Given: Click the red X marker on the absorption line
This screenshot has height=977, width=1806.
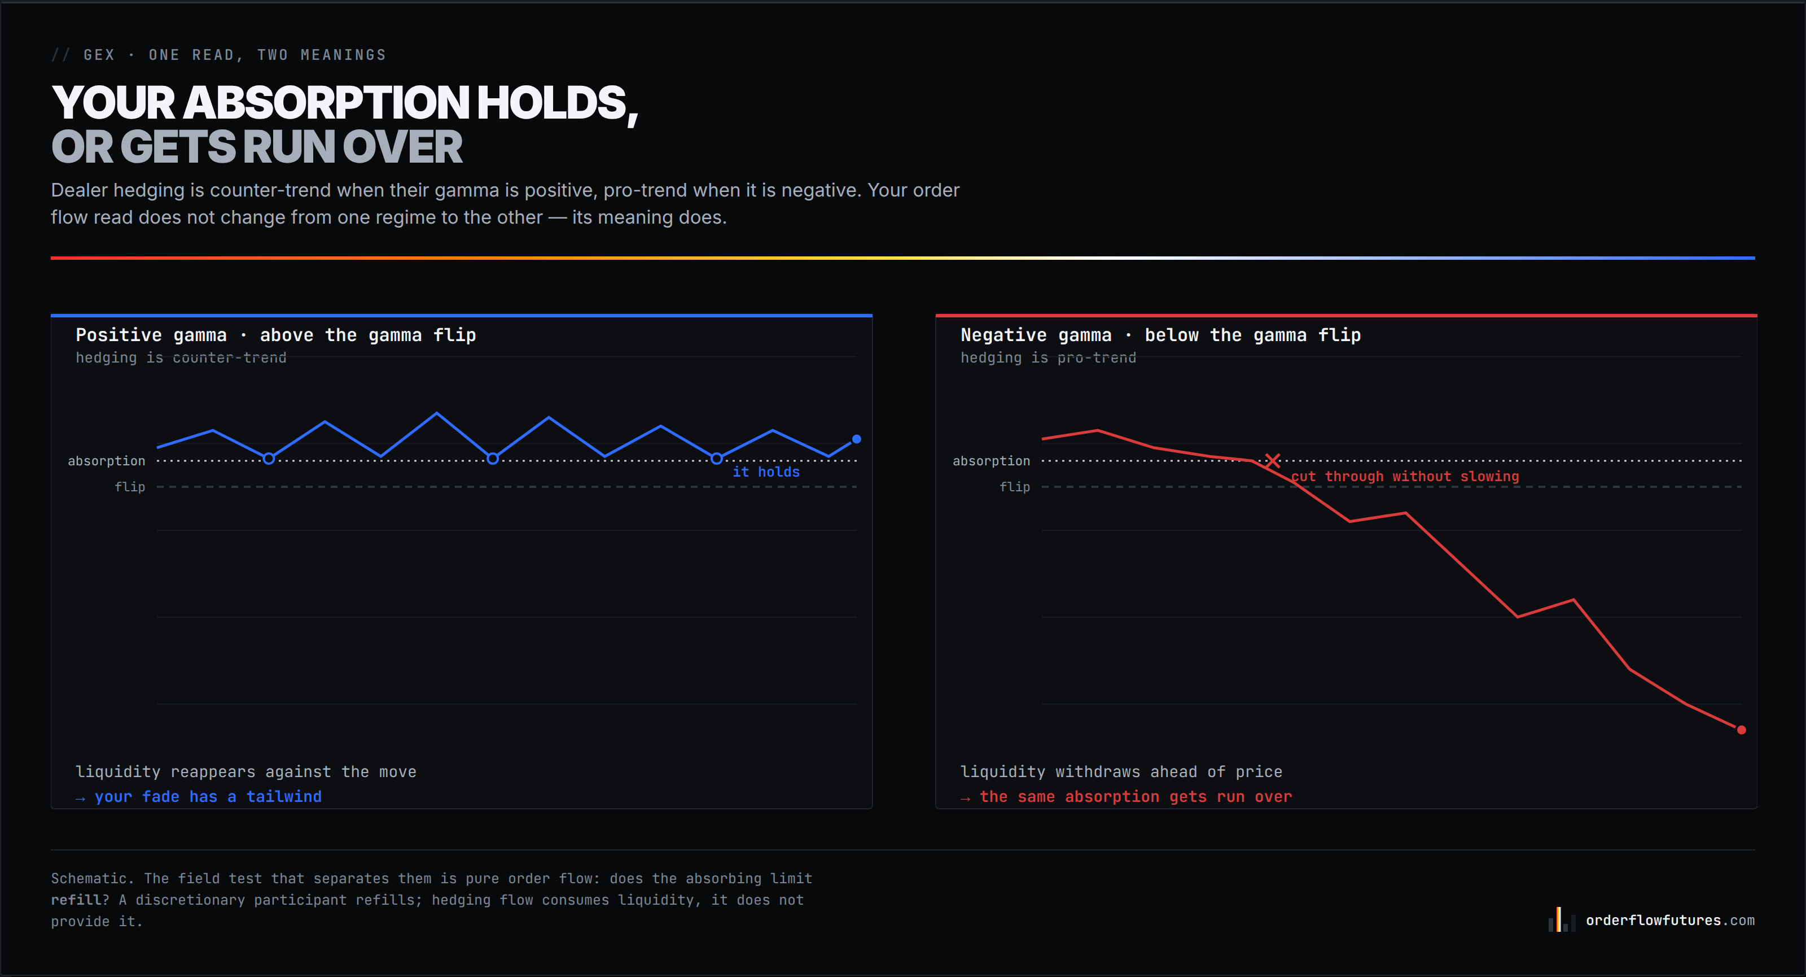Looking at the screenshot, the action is (x=1273, y=461).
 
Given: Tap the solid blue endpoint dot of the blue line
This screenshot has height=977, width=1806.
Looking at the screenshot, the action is (x=856, y=439).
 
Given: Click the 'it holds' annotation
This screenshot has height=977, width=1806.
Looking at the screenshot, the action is (x=766, y=472).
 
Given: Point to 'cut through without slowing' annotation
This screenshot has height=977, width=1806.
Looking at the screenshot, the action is (x=1405, y=476).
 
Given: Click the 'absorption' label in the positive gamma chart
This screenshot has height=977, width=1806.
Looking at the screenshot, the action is (x=107, y=461).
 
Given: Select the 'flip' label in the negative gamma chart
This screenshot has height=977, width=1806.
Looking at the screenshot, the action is (x=1015, y=487).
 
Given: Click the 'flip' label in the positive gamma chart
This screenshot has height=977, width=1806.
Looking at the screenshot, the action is (x=130, y=487).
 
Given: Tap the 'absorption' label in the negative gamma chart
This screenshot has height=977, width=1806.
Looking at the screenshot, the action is (x=992, y=461).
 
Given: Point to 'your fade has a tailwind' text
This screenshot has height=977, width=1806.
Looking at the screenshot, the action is (x=208, y=797).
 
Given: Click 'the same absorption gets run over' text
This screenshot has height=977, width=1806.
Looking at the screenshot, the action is (x=1136, y=797).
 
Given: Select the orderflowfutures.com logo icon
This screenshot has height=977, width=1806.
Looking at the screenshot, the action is (x=1561, y=919).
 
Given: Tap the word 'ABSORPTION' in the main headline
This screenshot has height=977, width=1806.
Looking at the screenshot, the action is (x=327, y=103).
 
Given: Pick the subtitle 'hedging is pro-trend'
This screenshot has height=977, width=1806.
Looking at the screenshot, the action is (x=1048, y=357).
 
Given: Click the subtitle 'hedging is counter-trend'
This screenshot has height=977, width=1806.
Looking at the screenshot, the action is (x=181, y=357).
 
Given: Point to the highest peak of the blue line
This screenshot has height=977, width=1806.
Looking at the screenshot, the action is (x=437, y=413).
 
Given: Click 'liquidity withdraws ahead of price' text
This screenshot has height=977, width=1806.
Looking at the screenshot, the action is (x=1121, y=771).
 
